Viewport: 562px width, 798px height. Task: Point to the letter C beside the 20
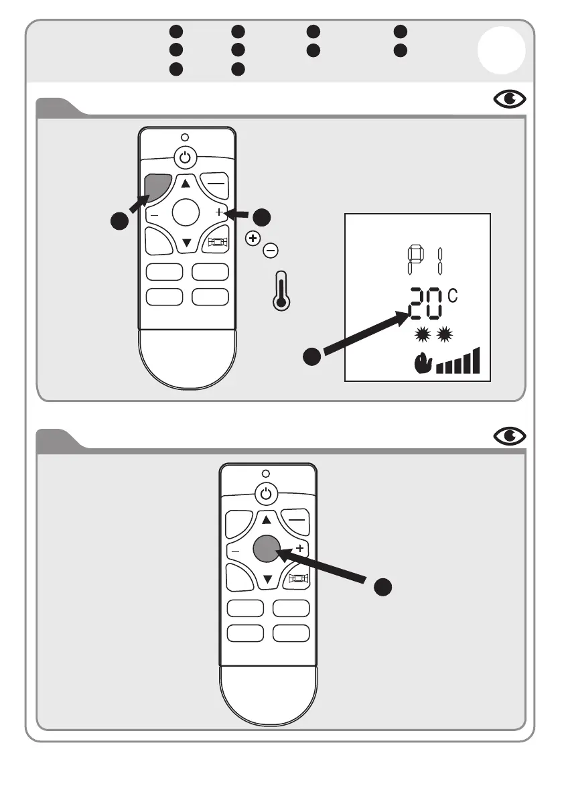(453, 295)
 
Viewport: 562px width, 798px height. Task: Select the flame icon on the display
(422, 363)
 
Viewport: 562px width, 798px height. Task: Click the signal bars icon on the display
(458, 361)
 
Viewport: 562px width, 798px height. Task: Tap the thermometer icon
(281, 291)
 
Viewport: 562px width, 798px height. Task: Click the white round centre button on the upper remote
(186, 212)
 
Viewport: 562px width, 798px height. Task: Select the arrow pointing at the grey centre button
(325, 567)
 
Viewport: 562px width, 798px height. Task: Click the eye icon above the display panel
(510, 100)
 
